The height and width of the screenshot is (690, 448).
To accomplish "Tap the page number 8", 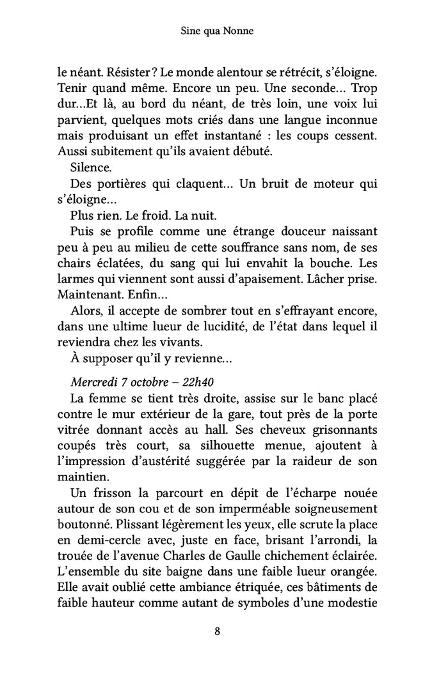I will coord(218,632).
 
